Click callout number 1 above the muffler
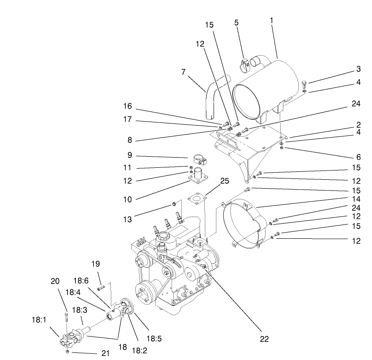[271, 20]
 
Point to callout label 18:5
[154, 339]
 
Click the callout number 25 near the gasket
[224, 181]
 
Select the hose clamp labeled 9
[198, 158]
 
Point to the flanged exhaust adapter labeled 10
[198, 175]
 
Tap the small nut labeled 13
[174, 205]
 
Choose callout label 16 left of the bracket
[128, 106]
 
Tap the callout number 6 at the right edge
[358, 157]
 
